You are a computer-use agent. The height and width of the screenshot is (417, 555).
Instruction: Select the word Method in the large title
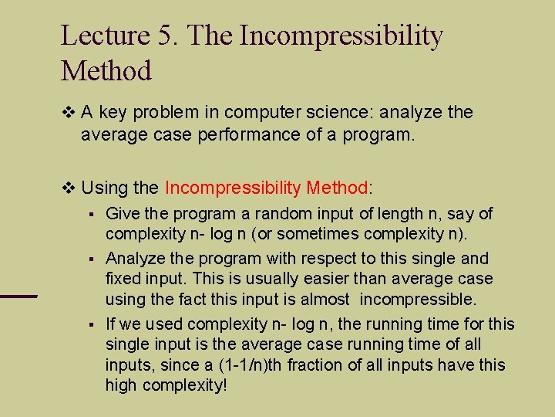pos(106,71)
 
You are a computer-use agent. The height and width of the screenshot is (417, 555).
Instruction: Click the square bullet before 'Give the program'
pos(91,214)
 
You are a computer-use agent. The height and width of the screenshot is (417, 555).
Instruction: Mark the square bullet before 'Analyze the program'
pos(91,258)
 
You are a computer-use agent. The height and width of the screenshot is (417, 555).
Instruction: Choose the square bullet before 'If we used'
pos(91,324)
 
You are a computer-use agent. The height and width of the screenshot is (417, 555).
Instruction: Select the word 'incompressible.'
pos(416,298)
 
